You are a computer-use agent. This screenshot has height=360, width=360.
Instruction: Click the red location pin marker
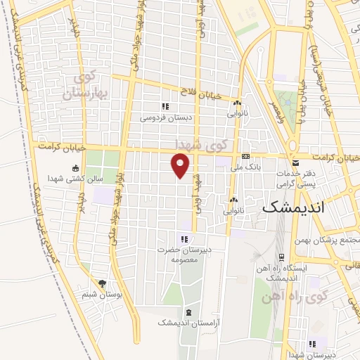[181, 166]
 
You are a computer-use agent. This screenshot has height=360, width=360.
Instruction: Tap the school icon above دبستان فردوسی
[165, 106]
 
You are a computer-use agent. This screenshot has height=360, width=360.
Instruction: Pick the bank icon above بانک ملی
[245, 155]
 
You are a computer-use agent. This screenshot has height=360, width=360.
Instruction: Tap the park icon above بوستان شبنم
[103, 284]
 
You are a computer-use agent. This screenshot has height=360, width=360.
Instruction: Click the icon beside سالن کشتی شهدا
[75, 168]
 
